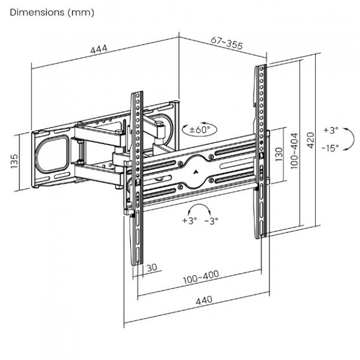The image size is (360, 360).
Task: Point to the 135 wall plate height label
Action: pyautogui.click(x=14, y=161)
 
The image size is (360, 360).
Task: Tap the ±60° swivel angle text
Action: pyautogui.click(x=200, y=130)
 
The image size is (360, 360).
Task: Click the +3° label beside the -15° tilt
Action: pyautogui.click(x=331, y=131)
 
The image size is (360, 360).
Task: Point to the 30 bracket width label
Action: pyautogui.click(x=152, y=267)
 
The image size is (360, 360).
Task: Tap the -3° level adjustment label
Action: pyautogui.click(x=212, y=220)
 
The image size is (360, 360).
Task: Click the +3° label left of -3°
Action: pyautogui.click(x=189, y=220)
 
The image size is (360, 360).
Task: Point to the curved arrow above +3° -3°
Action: pyautogui.click(x=199, y=208)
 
